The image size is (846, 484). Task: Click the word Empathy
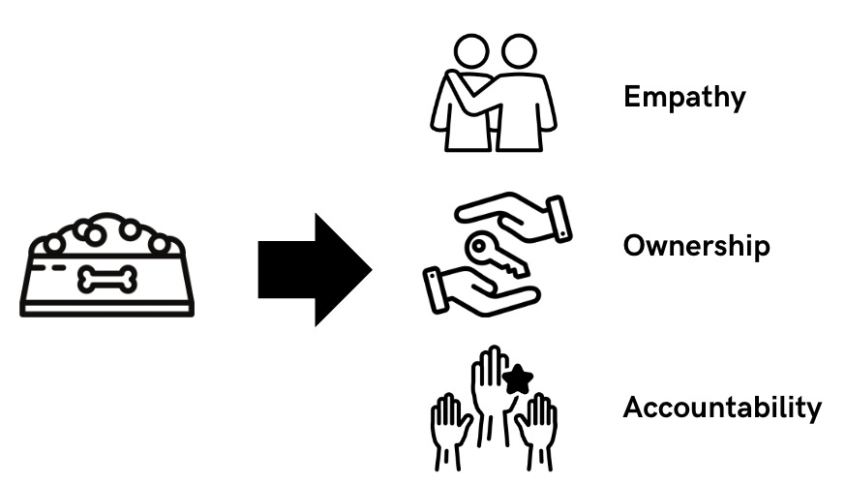tap(684, 98)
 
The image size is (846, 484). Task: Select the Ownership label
tap(696, 246)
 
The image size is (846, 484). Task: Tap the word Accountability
tap(722, 408)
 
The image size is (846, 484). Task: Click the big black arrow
tap(313, 269)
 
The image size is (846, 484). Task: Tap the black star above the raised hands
tap(519, 378)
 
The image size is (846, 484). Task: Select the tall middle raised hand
tap(492, 392)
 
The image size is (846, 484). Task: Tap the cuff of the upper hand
tap(558, 219)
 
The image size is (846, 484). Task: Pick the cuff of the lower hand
tap(436, 288)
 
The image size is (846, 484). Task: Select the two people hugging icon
tap(494, 94)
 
